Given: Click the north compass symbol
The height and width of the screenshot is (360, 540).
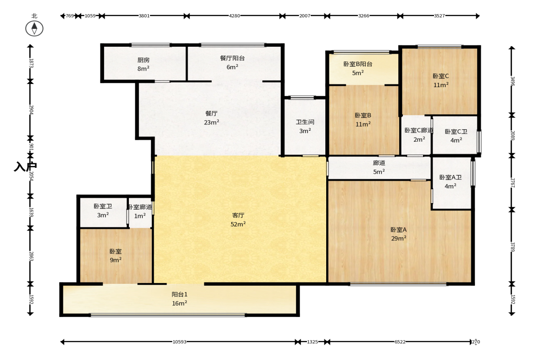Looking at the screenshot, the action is tap(34, 28).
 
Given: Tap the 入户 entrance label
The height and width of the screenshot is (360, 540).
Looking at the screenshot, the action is tap(25, 166).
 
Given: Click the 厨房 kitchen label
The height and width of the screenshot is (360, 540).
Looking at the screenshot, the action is tap(143, 60).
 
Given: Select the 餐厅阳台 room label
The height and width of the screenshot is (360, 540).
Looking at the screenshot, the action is tap(233, 58).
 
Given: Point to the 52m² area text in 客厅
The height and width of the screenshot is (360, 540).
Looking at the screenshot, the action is tap(238, 224).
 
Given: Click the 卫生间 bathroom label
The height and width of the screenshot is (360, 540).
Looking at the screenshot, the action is tap(305, 122).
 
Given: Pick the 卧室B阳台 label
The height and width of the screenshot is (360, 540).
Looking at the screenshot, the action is tap(358, 64).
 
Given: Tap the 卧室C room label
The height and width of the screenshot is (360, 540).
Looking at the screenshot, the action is tap(441, 76).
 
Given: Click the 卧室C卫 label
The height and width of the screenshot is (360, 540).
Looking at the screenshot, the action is tap(456, 132).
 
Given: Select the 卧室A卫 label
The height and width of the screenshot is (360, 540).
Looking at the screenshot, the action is tap(451, 177).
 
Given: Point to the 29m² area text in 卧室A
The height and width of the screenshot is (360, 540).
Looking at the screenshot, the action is tap(398, 238).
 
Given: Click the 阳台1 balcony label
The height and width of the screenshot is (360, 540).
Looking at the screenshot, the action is tap(179, 294).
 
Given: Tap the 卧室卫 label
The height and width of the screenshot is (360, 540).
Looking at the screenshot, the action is tap(103, 206).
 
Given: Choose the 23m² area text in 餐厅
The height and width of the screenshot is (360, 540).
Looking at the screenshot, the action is tap(212, 122).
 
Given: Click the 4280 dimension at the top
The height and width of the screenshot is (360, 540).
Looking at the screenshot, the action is tap(234, 16).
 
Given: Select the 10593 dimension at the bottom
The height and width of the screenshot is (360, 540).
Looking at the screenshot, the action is tap(179, 342).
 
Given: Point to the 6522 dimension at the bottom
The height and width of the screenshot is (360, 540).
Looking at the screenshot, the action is tap(400, 342).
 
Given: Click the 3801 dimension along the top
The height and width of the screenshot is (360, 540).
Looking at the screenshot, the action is tap(144, 16).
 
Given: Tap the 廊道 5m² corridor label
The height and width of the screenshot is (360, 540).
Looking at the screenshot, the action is tap(379, 167).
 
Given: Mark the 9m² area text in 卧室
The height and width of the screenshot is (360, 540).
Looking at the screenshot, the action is tap(115, 260).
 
